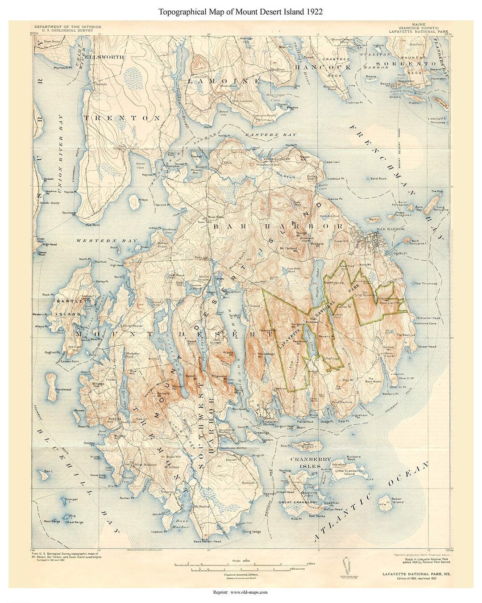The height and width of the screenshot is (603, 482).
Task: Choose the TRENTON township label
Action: pos(121,118)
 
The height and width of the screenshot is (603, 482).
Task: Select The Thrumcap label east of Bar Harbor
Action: pos(424,283)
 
